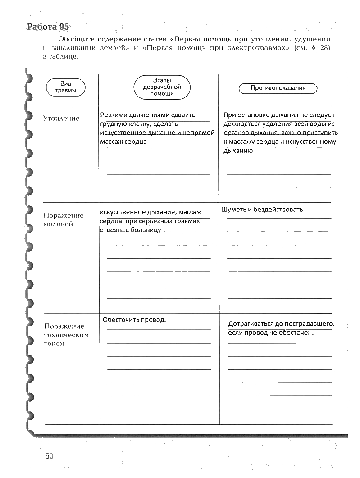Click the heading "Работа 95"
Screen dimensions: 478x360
48,27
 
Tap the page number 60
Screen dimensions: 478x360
50,456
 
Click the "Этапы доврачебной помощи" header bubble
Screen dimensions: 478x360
162,87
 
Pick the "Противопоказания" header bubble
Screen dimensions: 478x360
278,88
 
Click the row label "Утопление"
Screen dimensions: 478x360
61,119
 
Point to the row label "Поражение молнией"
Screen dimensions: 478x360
64,220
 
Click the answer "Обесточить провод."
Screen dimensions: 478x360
134,320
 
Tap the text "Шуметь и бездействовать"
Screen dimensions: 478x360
262,210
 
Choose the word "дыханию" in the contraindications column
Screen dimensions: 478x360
237,151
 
